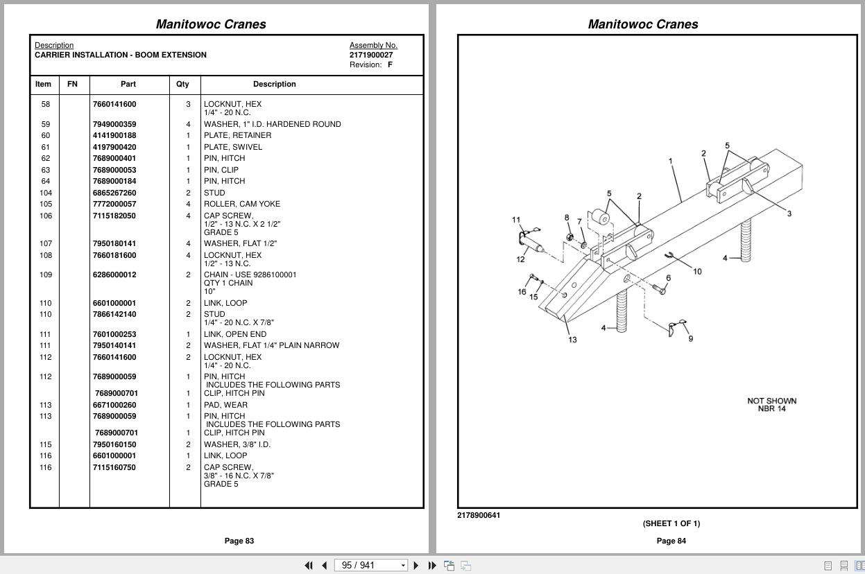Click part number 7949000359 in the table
coord(114,124)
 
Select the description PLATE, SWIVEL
coord(233,147)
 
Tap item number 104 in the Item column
coord(46,193)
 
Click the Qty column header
coord(182,84)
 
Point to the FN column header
coord(72,84)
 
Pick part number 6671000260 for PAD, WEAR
coord(114,405)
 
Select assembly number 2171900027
coord(371,55)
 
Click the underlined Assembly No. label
coord(373,45)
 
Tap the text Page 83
coord(239,541)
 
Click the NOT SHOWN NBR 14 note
coord(771,405)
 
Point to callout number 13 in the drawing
coord(572,340)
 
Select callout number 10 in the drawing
coord(697,271)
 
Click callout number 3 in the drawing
coord(789,214)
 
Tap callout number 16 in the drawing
coord(522,292)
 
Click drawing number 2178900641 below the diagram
coord(479,515)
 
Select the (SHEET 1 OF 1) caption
coord(671,523)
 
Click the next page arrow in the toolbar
coord(416,566)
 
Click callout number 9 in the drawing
coord(690,338)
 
